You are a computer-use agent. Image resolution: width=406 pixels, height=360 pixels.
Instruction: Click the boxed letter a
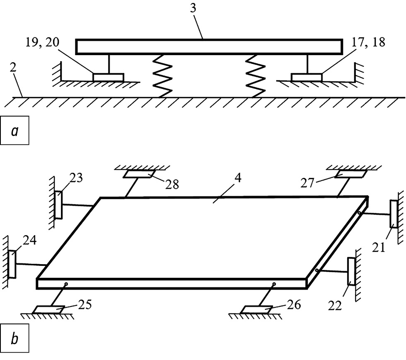click(x=15, y=131)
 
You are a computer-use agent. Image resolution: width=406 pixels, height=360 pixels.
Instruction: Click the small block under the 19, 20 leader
click(x=108, y=77)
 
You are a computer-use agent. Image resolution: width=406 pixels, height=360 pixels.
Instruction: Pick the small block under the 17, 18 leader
click(x=306, y=77)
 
